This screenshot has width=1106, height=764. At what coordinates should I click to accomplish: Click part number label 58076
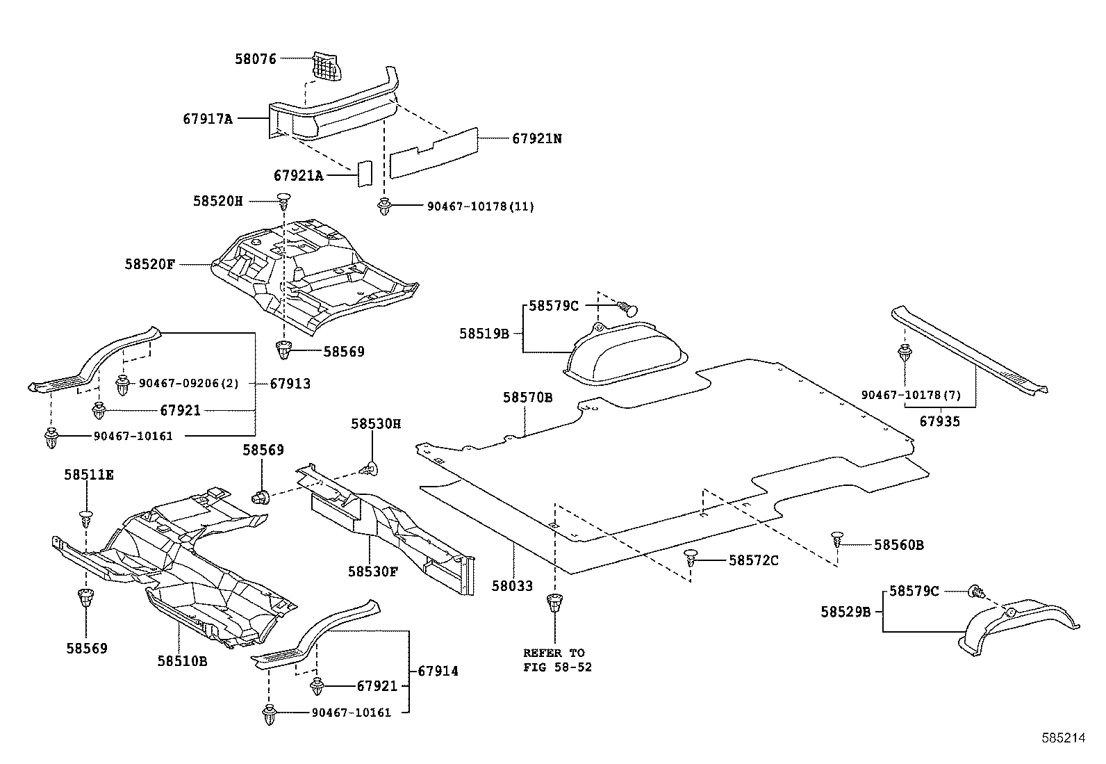(x=255, y=60)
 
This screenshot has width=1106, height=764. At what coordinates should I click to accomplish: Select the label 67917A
(x=208, y=119)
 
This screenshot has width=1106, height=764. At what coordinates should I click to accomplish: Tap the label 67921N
(x=537, y=138)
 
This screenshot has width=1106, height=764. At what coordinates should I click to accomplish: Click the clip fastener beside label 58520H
(x=283, y=202)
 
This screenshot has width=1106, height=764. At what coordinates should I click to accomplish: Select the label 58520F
(x=150, y=264)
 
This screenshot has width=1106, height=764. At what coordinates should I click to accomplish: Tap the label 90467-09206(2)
(x=188, y=383)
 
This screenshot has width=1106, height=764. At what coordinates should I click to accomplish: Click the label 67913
(x=290, y=384)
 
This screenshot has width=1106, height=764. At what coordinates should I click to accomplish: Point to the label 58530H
(x=376, y=423)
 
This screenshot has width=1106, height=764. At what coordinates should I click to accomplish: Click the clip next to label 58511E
(x=85, y=518)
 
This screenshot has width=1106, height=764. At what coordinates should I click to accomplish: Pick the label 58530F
(x=373, y=571)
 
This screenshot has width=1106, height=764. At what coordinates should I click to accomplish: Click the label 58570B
(x=528, y=398)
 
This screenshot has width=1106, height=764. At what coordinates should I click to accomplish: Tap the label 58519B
(x=484, y=334)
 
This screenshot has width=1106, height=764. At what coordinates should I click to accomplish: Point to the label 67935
(x=940, y=421)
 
